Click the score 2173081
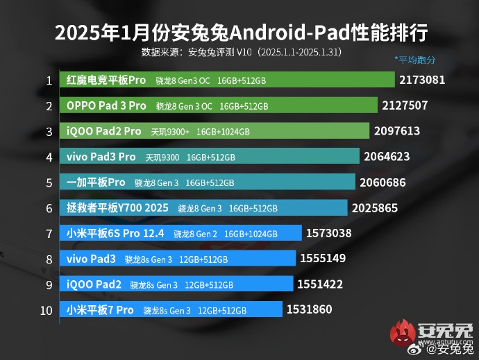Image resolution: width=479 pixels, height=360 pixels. pyautogui.click(x=422, y=80)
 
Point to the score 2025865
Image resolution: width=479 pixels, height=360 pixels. pyautogui.click(x=375, y=208)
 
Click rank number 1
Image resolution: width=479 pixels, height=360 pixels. pyautogui.click(x=49, y=80)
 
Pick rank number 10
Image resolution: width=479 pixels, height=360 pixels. pyautogui.click(x=47, y=310)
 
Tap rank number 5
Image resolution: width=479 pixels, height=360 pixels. pyautogui.click(x=49, y=183)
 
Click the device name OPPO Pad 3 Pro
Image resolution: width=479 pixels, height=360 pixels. pyautogui.click(x=106, y=106)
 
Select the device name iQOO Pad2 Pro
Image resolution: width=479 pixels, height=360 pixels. pyautogui.click(x=103, y=132)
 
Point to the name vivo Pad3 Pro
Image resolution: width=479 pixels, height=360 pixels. pyautogui.click(x=101, y=157)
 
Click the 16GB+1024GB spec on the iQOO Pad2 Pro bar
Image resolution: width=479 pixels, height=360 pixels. pyautogui.click(x=223, y=132)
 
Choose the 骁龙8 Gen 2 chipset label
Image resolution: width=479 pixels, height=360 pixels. pyautogui.click(x=195, y=234)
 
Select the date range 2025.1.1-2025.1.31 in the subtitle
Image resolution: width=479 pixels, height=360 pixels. pyautogui.click(x=299, y=52)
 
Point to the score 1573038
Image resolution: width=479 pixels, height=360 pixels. pyautogui.click(x=330, y=234)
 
